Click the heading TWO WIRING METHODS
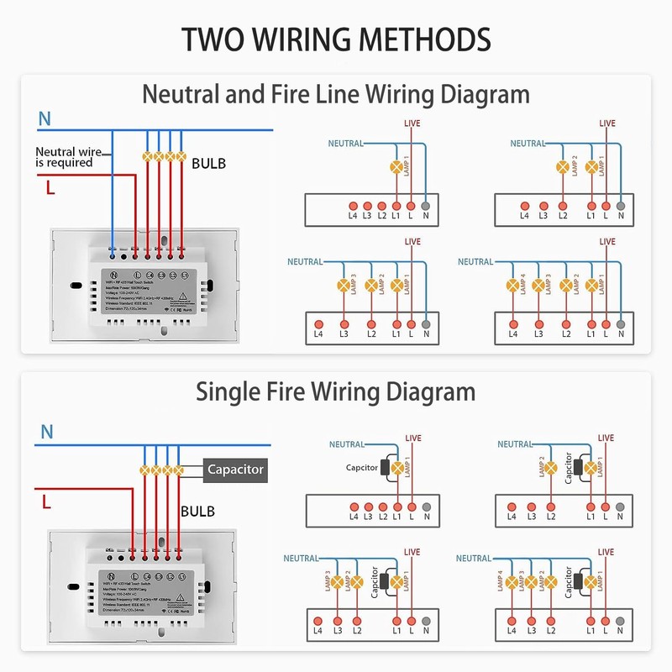(336, 39)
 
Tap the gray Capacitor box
(236, 470)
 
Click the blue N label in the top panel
(45, 120)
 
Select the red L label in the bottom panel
(47, 503)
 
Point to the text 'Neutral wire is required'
(64, 157)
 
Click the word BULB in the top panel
(208, 163)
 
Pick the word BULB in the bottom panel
(197, 511)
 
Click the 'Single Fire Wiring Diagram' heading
(336, 391)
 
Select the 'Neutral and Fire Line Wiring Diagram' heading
(336, 93)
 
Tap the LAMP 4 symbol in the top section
(513, 285)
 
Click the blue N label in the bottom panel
(47, 433)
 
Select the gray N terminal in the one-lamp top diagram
(426, 205)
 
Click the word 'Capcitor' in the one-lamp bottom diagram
(361, 468)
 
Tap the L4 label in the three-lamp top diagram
(318, 334)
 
